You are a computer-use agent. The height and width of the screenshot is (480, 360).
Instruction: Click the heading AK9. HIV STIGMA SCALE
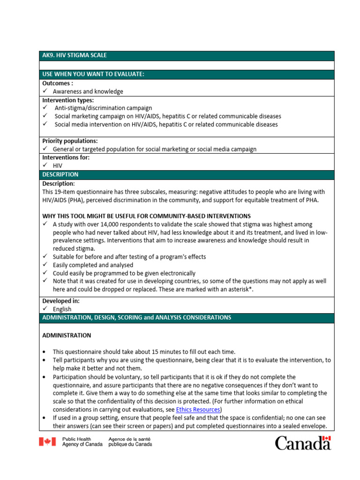(75, 55)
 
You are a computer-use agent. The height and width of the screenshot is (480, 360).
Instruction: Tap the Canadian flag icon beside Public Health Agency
(47, 442)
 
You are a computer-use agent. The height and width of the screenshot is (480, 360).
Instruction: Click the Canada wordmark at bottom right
(302, 442)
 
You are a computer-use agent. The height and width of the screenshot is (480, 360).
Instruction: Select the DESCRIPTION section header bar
(60, 174)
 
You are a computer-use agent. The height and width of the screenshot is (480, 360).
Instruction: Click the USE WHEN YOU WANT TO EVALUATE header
(93, 74)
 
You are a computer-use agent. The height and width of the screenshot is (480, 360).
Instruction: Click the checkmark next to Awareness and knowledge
(45, 91)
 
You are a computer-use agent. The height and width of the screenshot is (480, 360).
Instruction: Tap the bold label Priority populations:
(70, 141)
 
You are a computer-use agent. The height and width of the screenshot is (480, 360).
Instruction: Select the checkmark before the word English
(45, 309)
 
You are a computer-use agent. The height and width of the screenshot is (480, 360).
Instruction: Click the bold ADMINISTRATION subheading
(67, 336)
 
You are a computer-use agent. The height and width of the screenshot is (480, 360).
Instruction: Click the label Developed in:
(61, 301)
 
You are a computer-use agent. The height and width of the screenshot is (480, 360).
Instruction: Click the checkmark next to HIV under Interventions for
(45, 165)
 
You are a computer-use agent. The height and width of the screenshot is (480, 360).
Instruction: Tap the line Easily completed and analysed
(93, 265)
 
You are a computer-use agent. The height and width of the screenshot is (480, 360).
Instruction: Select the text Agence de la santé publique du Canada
(130, 442)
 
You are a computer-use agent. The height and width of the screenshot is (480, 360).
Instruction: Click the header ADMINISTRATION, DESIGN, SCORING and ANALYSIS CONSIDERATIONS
(136, 317)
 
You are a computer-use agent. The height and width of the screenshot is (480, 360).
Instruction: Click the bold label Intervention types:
(68, 100)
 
